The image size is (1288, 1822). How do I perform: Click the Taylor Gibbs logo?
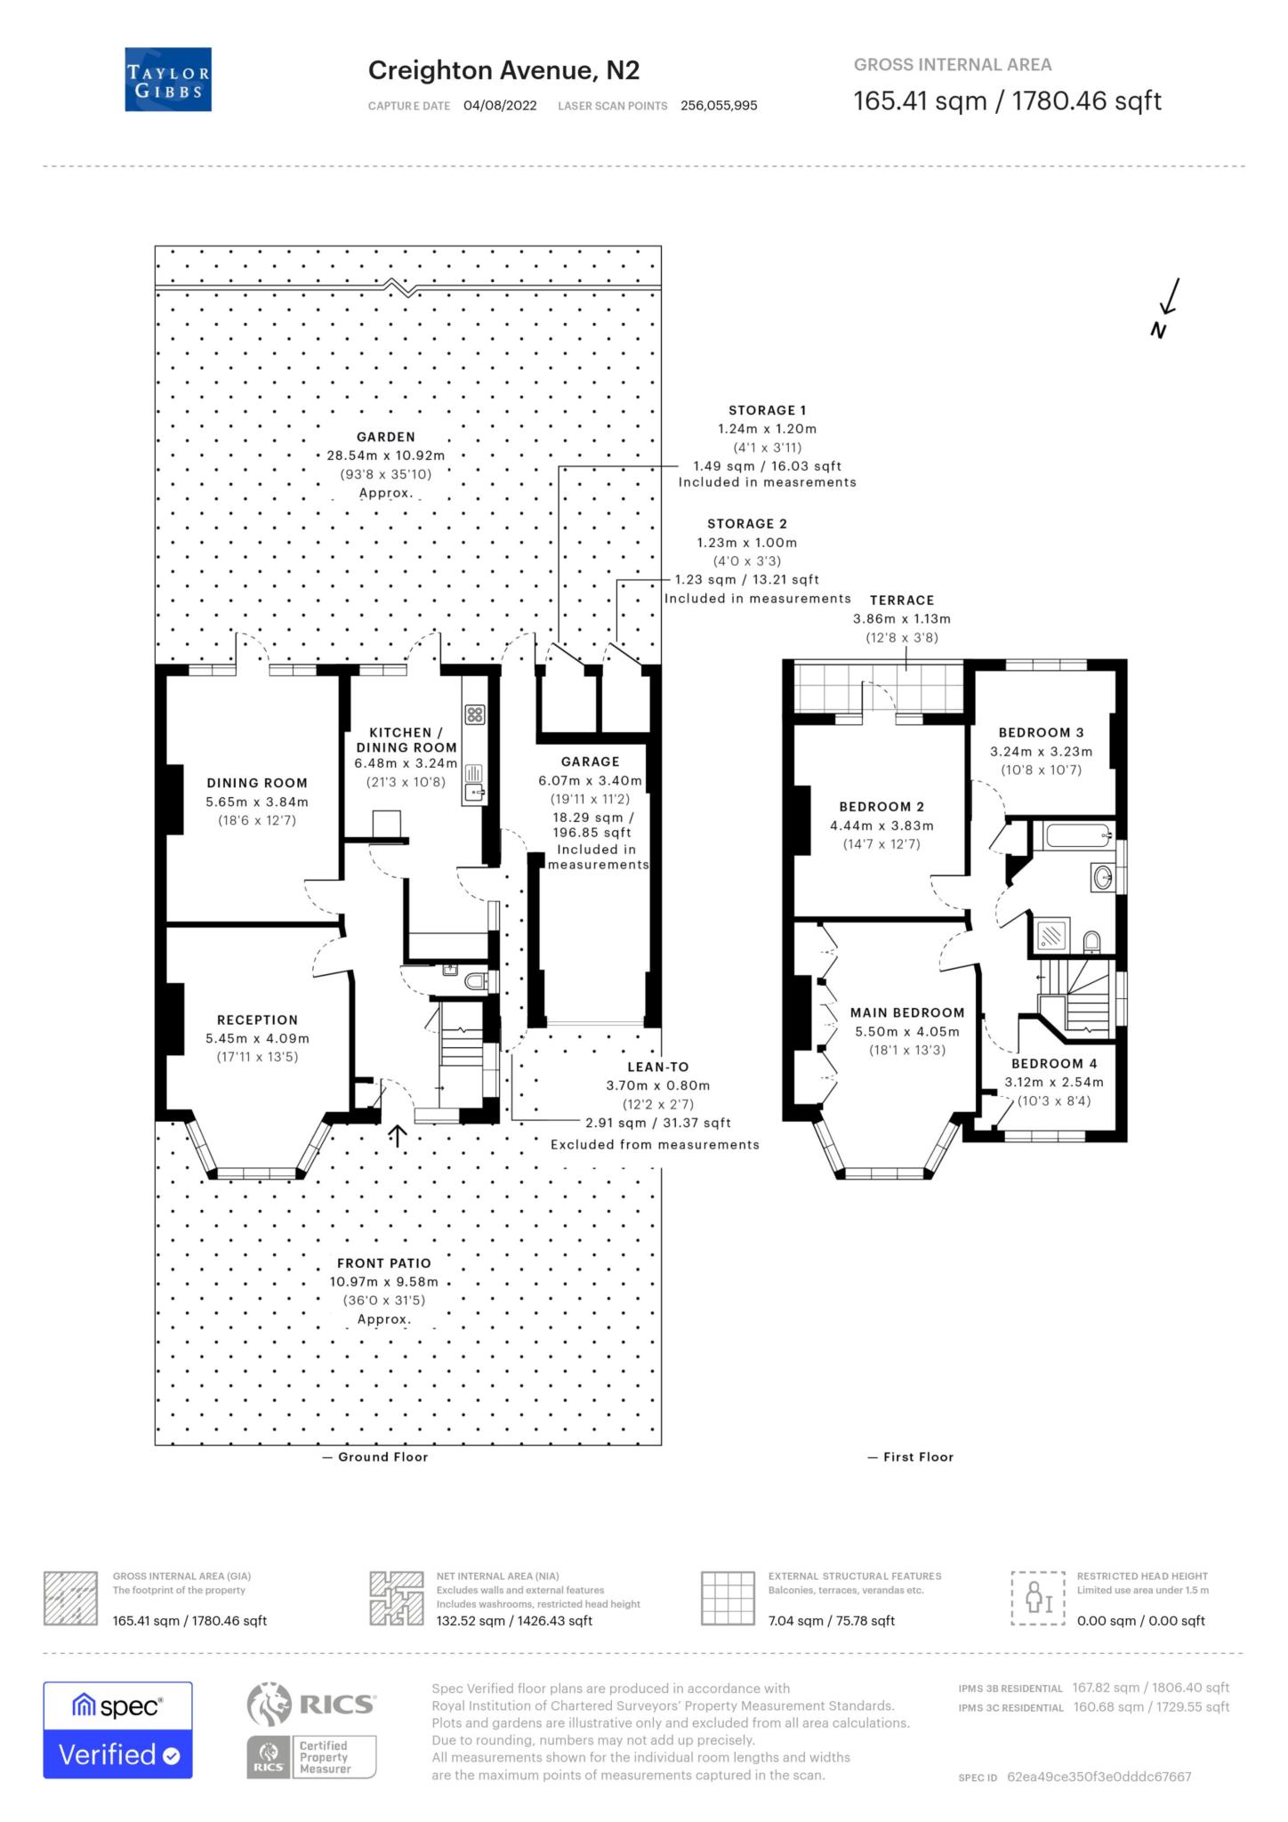[x=168, y=79]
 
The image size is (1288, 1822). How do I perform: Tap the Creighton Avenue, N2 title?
[x=503, y=70]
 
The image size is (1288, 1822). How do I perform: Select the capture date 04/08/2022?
[x=500, y=105]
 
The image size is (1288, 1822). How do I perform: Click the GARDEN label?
[x=385, y=437]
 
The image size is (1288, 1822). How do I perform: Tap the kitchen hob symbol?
[x=474, y=713]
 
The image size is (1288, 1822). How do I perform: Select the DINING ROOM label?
[x=257, y=783]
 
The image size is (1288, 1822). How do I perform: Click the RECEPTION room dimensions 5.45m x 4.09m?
[x=257, y=1038]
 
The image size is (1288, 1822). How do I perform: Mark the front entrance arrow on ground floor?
[x=397, y=1135]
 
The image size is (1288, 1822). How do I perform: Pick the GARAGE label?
[x=590, y=762]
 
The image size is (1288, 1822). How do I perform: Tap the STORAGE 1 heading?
[x=767, y=410]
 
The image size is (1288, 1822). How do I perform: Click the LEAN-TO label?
[x=658, y=1067]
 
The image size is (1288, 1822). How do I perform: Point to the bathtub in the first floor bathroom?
[x=1076, y=835]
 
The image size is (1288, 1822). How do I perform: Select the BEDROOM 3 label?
[x=1041, y=732]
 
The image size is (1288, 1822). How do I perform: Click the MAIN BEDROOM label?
[x=906, y=1012]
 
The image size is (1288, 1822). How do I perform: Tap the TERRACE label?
[x=902, y=601]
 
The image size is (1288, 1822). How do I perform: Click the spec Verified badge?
[x=117, y=1729]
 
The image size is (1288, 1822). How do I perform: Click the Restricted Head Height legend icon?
[x=1037, y=1598]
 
